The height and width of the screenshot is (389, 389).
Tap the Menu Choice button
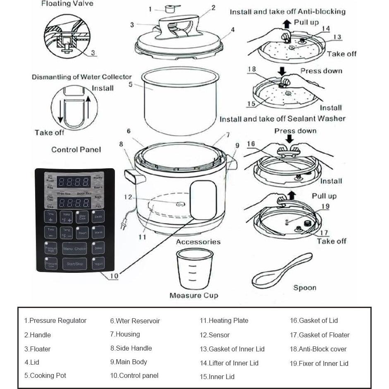(74, 248)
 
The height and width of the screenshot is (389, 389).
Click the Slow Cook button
(82, 217)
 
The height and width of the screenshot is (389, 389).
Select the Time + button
(50, 217)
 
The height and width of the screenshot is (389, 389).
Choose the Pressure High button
(50, 248)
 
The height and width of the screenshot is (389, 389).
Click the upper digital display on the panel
(74, 181)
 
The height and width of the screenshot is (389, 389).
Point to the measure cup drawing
(193, 271)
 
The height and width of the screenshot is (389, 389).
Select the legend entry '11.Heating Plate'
(224, 320)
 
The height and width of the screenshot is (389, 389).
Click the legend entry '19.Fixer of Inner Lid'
(319, 363)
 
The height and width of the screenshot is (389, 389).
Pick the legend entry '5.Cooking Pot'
(45, 375)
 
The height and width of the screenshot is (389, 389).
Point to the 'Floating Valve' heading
(67, 4)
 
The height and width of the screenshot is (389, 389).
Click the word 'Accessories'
(198, 242)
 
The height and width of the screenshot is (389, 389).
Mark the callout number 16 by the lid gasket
(251, 144)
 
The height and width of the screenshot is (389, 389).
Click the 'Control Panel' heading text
(76, 150)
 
